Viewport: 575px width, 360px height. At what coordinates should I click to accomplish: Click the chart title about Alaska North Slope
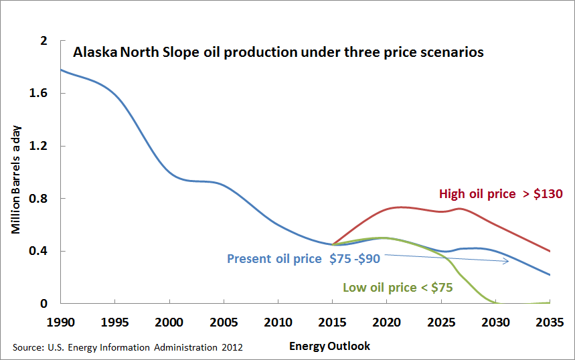tap(278, 52)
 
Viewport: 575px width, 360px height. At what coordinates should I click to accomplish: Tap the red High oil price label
tap(501, 194)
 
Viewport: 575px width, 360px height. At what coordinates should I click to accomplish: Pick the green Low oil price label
tap(398, 288)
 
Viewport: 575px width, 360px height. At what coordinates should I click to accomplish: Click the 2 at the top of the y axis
tap(45, 41)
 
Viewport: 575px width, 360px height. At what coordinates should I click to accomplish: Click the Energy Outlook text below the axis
tap(329, 347)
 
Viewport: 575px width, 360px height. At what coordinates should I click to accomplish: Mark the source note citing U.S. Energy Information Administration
tap(127, 347)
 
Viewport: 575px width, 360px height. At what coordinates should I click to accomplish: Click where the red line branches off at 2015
tap(333, 244)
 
